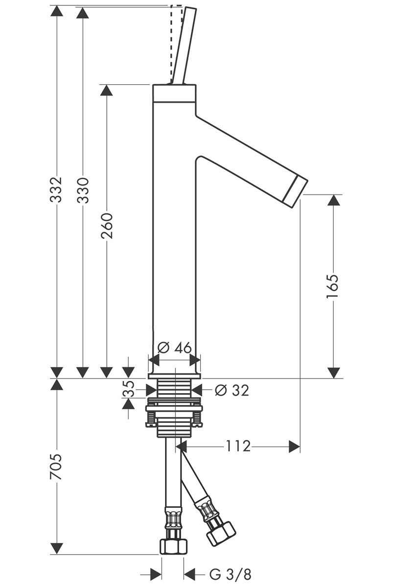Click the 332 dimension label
tap(57, 189)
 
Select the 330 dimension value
tap(83, 189)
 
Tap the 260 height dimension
tap(107, 226)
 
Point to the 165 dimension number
tap(333, 286)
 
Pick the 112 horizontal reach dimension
tap(238, 446)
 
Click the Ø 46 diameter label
tap(174, 348)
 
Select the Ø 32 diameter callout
tap(232, 390)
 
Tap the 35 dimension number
tap(128, 390)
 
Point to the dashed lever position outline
tap(173, 39)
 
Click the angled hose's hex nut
tap(221, 533)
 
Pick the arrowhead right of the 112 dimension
tap(294, 446)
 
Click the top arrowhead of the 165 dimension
tap(333, 200)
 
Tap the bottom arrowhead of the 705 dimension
tap(57, 548)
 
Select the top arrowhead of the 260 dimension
tap(106, 90)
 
